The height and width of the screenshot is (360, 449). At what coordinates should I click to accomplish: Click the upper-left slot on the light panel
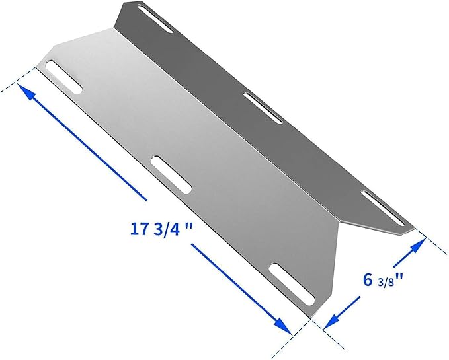(x=64, y=78)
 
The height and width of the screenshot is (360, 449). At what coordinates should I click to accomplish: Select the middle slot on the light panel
(x=171, y=174)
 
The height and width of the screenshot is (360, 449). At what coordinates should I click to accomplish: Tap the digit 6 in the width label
(x=367, y=278)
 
